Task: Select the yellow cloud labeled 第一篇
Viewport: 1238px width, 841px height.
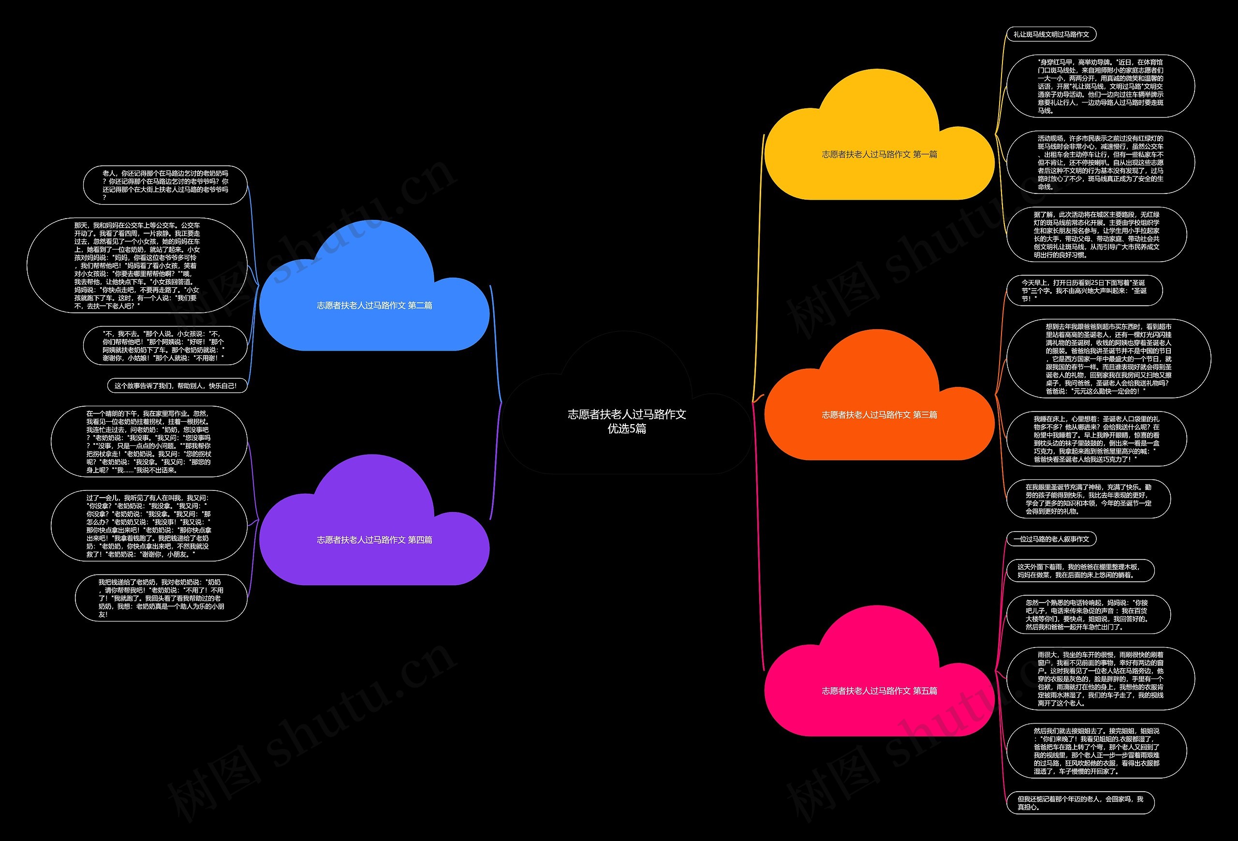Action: pyautogui.click(x=879, y=154)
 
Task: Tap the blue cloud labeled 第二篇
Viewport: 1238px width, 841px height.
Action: pyautogui.click(x=374, y=305)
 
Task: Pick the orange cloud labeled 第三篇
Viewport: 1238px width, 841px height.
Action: pyautogui.click(x=879, y=414)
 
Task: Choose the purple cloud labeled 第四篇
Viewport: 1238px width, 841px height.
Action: pyautogui.click(x=374, y=540)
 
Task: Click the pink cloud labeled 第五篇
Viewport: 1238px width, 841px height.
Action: pyautogui.click(x=879, y=690)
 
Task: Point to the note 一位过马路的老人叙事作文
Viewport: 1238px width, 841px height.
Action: pyautogui.click(x=1050, y=539)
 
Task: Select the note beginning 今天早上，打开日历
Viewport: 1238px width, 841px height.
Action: pyautogui.click(x=1084, y=291)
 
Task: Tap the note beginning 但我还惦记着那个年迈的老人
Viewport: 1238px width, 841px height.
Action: pyautogui.click(x=1080, y=803)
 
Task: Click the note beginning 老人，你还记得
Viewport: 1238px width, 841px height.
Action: pyautogui.click(x=165, y=185)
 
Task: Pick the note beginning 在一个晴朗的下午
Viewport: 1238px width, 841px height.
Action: pyautogui.click(x=148, y=442)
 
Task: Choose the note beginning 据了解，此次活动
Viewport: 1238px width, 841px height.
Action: pyautogui.click(x=1096, y=235)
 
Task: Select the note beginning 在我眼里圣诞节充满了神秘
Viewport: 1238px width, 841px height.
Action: pyautogui.click(x=1088, y=499)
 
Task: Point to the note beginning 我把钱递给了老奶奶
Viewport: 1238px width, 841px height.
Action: pyautogui.click(x=161, y=598)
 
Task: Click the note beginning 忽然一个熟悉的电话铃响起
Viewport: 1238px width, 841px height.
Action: pyautogui.click(x=1088, y=615)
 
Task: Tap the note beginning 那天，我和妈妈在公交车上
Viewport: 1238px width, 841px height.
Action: pyautogui.click(x=137, y=265)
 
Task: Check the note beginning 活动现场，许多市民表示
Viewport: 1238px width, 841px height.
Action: pyautogui.click(x=1100, y=162)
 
